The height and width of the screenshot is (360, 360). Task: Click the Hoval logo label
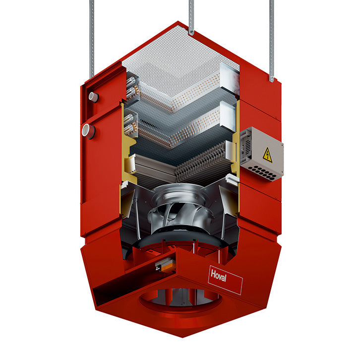(225, 280)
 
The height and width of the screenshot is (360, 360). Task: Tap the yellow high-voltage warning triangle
(267, 155)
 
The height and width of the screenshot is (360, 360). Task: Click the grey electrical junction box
(262, 153)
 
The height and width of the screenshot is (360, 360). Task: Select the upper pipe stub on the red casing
(93, 97)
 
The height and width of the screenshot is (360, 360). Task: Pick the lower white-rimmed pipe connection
(88, 131)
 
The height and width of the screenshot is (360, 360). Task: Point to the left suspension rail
(92, 39)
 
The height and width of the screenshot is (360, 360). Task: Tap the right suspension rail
(272, 41)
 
